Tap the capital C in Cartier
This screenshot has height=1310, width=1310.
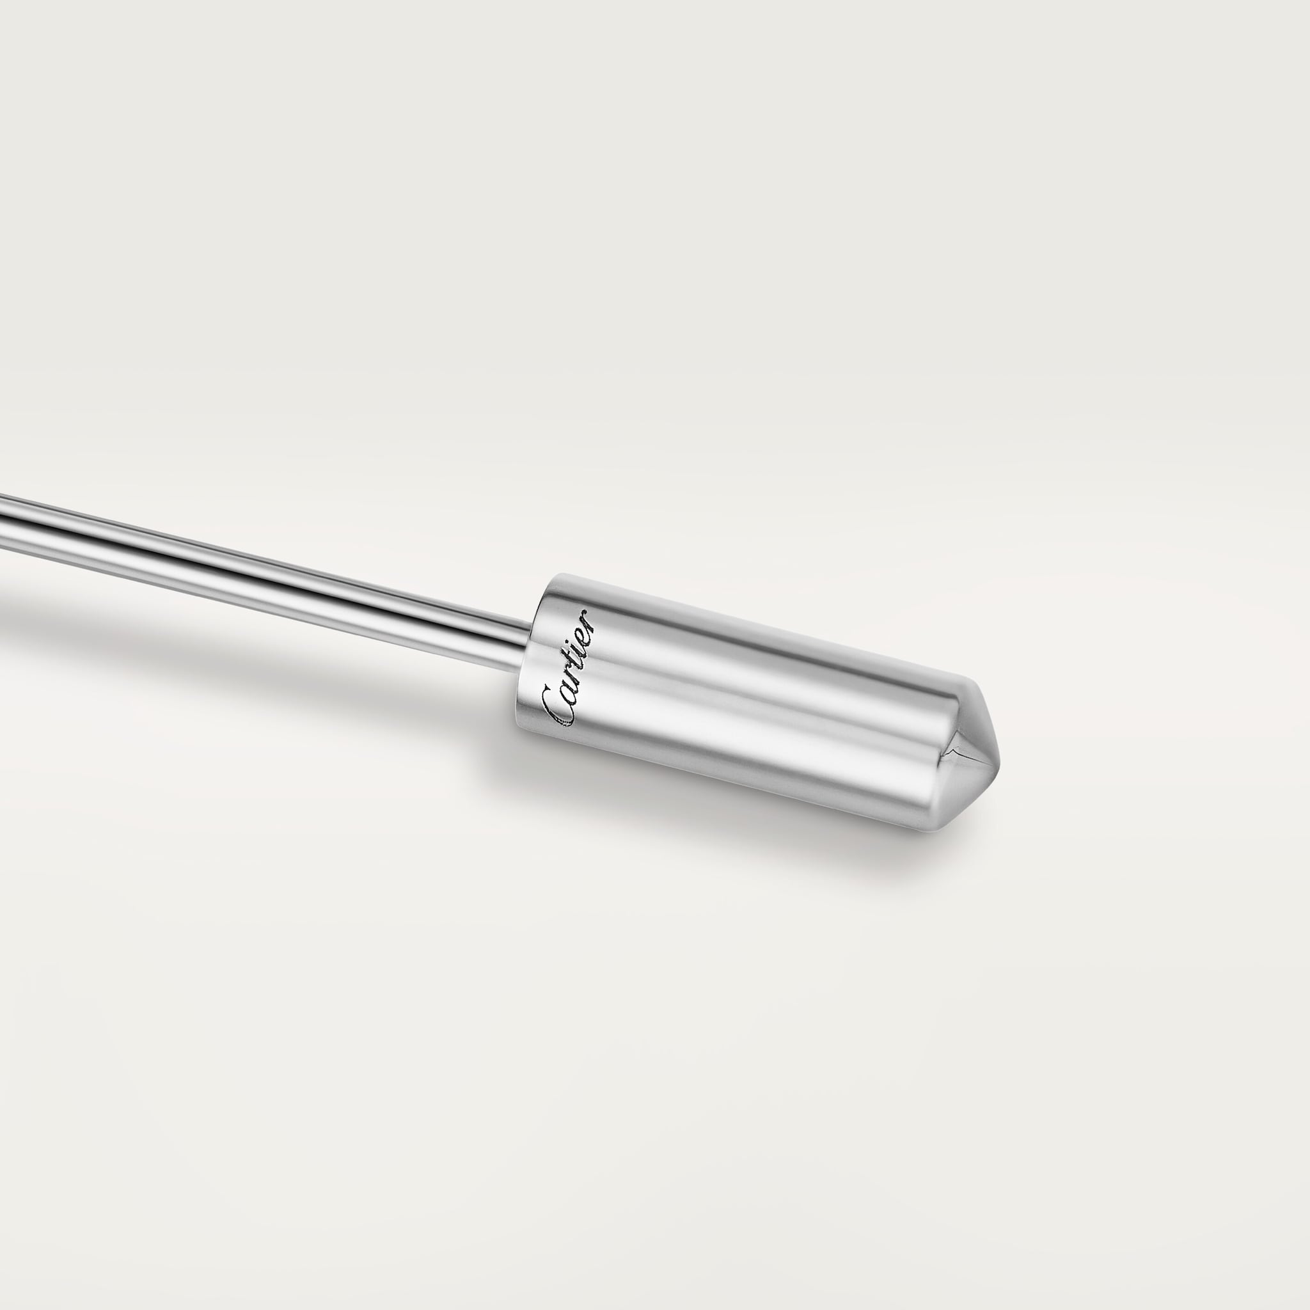click(x=558, y=705)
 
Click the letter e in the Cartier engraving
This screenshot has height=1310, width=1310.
click(x=585, y=632)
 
